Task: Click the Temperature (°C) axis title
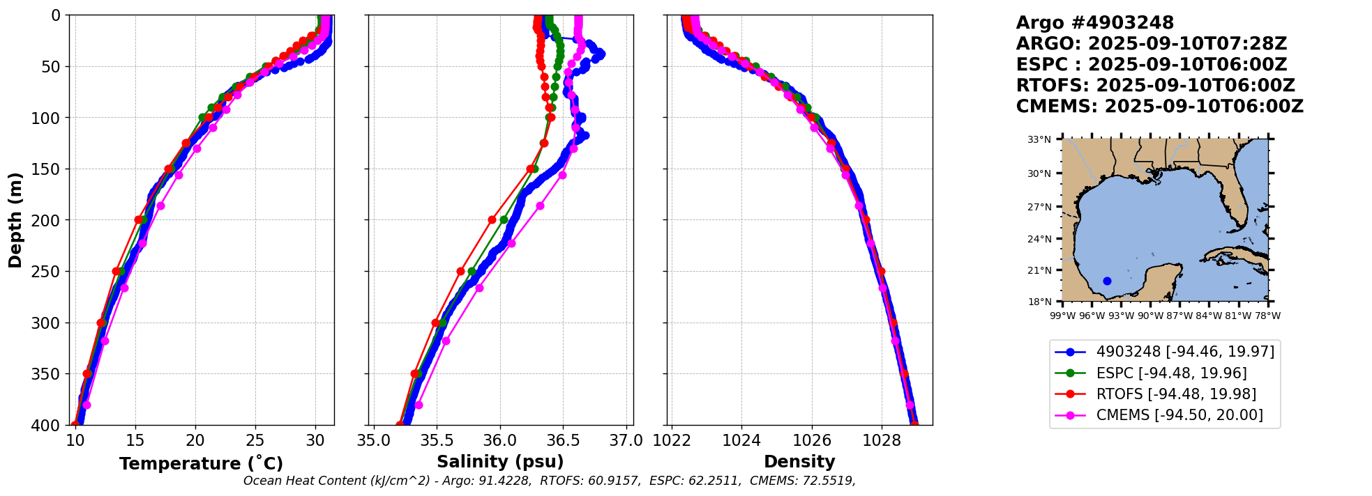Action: coord(201,464)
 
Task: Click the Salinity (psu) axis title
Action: coord(500,462)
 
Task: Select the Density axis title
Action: coord(799,462)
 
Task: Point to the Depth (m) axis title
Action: coord(15,220)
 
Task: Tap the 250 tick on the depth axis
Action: coord(50,272)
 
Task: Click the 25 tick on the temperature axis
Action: coord(255,440)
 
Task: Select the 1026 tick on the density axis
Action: coord(812,440)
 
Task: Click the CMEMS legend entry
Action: coord(1179,415)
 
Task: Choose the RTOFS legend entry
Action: coord(1176,394)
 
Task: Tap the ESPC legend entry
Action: coord(1171,373)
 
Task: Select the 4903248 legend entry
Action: coord(1185,352)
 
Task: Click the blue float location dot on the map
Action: coord(1107,281)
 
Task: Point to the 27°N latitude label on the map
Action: coord(1039,207)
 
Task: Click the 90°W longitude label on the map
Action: coord(1150,316)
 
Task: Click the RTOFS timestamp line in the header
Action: coord(1155,86)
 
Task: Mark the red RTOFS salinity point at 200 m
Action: coord(492,219)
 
